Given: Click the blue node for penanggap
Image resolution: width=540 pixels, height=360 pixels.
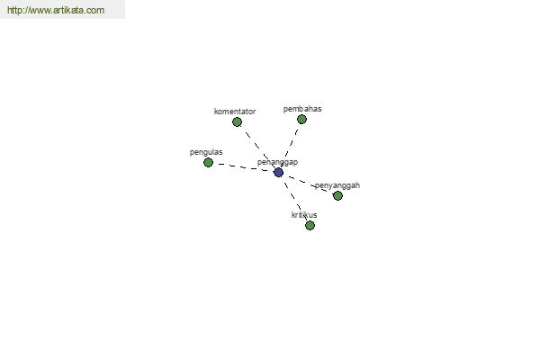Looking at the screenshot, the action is [x=279, y=172].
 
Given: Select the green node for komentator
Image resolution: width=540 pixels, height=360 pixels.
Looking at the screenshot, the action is [x=237, y=122].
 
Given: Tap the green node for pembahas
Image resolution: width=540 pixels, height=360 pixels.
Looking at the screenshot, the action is [x=301, y=119].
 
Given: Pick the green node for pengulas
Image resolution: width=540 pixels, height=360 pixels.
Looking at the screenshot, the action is [x=209, y=162].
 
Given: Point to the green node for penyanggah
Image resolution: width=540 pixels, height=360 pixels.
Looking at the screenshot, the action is [x=337, y=195].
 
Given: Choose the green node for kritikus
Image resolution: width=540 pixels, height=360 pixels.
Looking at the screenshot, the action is [x=310, y=225].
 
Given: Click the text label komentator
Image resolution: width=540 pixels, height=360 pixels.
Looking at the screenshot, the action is [x=235, y=112].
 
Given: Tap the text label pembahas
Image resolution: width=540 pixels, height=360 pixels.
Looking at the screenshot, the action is [x=302, y=109].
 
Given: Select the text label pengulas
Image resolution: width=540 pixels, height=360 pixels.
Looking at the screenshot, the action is [x=206, y=152].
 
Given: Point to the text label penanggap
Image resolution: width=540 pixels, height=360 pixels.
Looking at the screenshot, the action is [x=277, y=162].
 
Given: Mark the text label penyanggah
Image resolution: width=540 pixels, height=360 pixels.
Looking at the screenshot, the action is [x=337, y=185].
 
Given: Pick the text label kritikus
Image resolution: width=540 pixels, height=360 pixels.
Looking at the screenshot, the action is [x=304, y=215].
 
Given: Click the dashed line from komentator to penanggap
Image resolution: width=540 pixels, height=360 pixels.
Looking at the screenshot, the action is [x=258, y=147].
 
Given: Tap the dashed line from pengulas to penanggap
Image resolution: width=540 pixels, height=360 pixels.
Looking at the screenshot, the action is [x=244, y=167].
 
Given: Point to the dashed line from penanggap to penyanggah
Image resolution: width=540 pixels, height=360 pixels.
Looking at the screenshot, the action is [x=308, y=184].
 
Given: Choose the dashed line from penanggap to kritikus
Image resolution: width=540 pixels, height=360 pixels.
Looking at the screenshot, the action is [x=294, y=199].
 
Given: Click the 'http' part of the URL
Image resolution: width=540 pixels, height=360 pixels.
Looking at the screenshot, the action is [x=13, y=10].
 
